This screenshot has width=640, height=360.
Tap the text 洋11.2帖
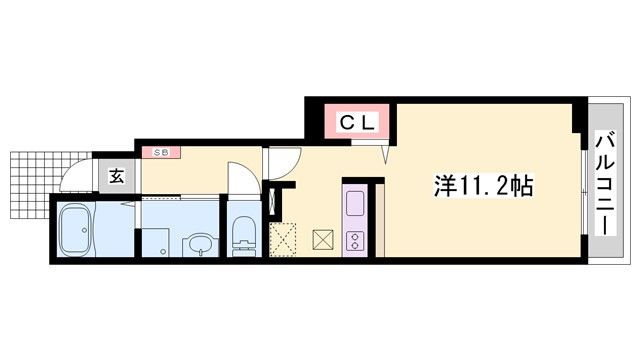483,186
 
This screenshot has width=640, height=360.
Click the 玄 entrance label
116,177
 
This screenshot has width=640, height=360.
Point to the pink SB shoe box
160,153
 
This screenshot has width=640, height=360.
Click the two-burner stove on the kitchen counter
355,241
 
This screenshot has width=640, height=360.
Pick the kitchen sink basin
356,205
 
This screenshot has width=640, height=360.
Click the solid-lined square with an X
324,240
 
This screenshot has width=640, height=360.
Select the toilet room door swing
242,183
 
